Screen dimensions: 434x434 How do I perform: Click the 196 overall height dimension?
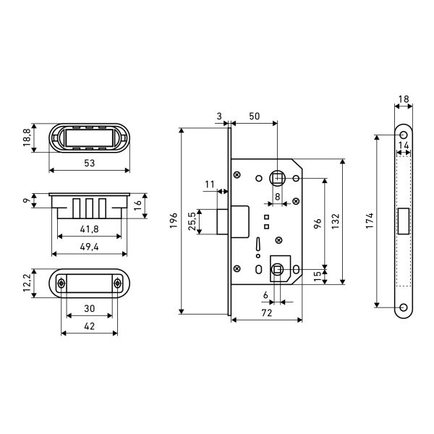click(174, 221)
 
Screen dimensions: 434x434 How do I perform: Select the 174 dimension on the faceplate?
click(370, 221)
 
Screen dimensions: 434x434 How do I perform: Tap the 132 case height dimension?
click(336, 221)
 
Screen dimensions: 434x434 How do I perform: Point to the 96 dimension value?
click(318, 223)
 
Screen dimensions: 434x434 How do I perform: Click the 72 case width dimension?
click(267, 312)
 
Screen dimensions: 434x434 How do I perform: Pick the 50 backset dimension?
click(255, 116)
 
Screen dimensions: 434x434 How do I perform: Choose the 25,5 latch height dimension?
click(192, 221)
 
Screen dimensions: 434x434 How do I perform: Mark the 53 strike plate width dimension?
click(90, 163)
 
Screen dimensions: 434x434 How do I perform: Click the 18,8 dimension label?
click(27, 137)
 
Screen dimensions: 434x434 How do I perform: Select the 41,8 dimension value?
click(90, 229)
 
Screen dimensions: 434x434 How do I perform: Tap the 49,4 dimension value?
click(90, 247)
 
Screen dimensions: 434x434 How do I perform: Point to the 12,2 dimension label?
click(27, 283)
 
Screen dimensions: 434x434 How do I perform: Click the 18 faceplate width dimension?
click(404, 99)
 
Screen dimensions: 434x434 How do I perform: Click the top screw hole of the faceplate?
click(404, 135)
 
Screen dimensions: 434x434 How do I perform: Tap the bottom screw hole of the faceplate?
click(404, 307)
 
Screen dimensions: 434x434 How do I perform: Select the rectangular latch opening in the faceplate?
click(404, 221)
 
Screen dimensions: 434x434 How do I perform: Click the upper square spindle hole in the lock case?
click(277, 178)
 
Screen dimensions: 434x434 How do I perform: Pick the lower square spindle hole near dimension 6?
click(277, 270)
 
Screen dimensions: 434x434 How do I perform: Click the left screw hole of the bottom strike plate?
click(61, 283)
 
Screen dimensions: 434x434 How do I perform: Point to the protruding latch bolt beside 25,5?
click(222, 222)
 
